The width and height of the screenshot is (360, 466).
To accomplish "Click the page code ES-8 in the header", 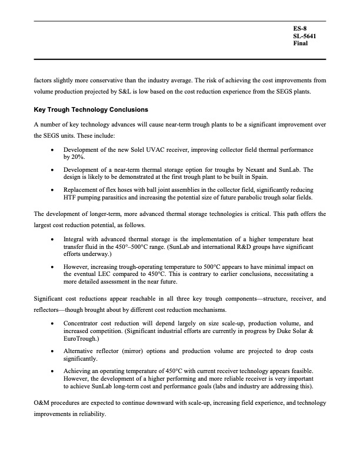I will [x=300, y=28].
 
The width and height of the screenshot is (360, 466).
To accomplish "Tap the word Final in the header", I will [x=301, y=44].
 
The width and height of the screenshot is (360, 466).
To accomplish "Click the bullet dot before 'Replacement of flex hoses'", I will [x=53, y=190].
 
